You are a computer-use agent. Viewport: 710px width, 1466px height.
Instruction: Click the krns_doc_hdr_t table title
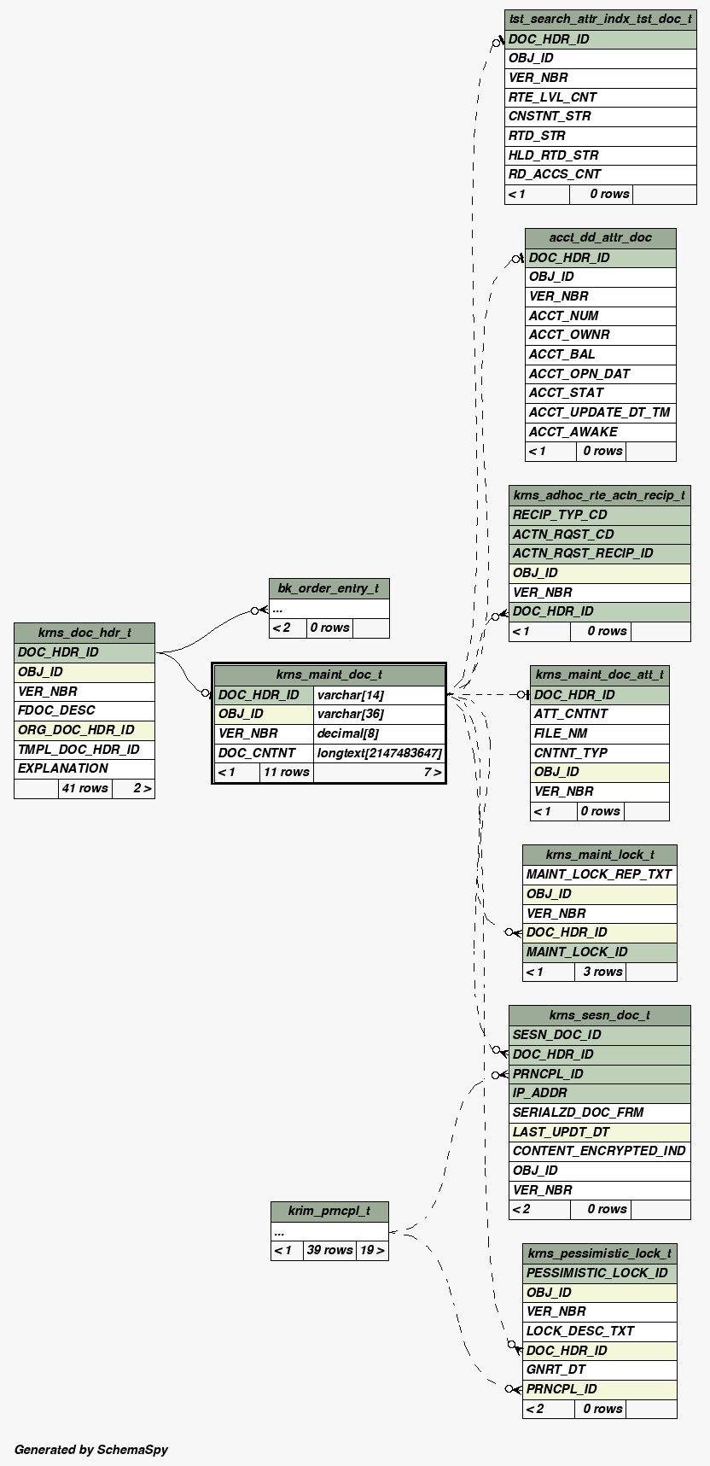84,633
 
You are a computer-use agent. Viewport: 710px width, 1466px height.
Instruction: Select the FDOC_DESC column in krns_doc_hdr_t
56,710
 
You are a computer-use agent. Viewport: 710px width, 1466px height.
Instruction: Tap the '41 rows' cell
84,788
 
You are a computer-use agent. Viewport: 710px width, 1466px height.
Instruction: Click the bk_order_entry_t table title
329,588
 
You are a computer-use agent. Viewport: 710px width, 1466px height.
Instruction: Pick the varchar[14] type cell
350,695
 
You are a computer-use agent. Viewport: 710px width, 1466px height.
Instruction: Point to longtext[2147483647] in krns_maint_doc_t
379,753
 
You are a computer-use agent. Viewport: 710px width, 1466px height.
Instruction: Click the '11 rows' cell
286,772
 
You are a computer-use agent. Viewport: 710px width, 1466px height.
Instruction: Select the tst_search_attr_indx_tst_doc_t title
600,19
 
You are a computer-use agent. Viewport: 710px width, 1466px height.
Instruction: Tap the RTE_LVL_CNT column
552,96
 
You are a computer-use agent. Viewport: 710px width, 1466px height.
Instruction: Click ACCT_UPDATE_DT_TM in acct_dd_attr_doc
599,412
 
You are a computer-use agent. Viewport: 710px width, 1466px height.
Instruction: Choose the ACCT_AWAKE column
573,432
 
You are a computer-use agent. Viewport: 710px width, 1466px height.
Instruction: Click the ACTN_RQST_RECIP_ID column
583,553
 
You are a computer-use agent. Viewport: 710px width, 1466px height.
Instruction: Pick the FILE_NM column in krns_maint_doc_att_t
561,733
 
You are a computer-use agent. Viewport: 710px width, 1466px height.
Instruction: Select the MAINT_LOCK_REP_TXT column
599,874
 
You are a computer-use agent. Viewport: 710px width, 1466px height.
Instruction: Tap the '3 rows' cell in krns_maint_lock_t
602,972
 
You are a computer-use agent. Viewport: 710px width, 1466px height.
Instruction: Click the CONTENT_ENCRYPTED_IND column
599,1151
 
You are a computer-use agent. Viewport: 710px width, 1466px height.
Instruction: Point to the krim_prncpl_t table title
329,1211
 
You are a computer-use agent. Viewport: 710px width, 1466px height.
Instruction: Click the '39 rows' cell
329,1250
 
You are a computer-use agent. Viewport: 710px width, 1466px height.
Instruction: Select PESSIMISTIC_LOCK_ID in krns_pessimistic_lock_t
597,1273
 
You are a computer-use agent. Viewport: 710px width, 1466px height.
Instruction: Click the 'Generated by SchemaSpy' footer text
91,1449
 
